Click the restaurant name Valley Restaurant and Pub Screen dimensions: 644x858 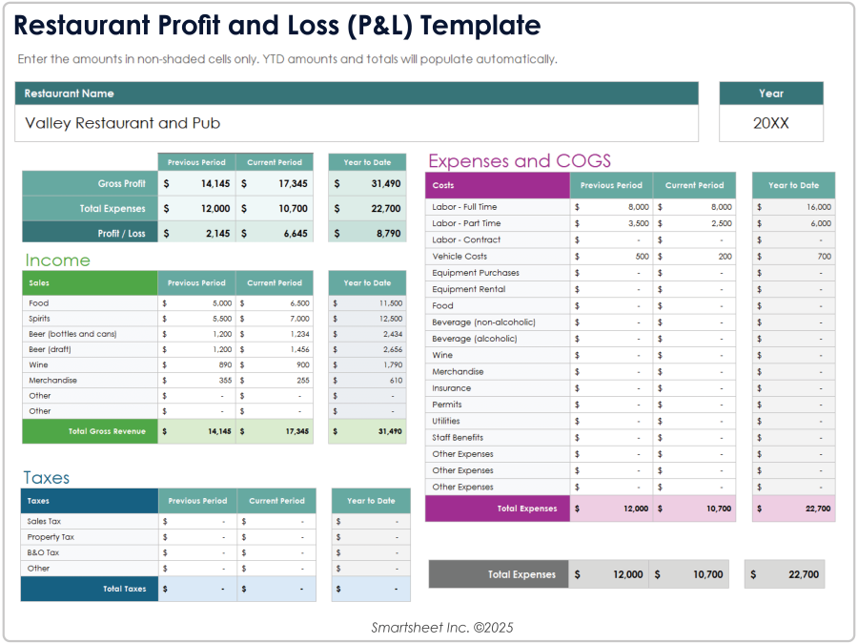pos(122,123)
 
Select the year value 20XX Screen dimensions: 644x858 pos(770,123)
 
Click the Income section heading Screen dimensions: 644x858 pos(57,260)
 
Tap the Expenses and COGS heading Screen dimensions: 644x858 pos(520,160)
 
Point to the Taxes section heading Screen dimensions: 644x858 pos(47,478)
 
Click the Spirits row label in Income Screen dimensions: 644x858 pos(39,319)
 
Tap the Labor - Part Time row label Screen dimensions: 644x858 pos(466,223)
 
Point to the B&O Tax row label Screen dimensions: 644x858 pos(43,552)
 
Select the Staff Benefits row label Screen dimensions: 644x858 pos(458,437)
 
